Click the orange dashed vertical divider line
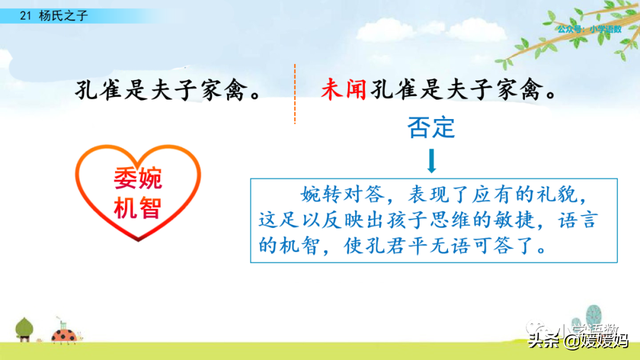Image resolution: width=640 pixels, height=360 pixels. (294, 95)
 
